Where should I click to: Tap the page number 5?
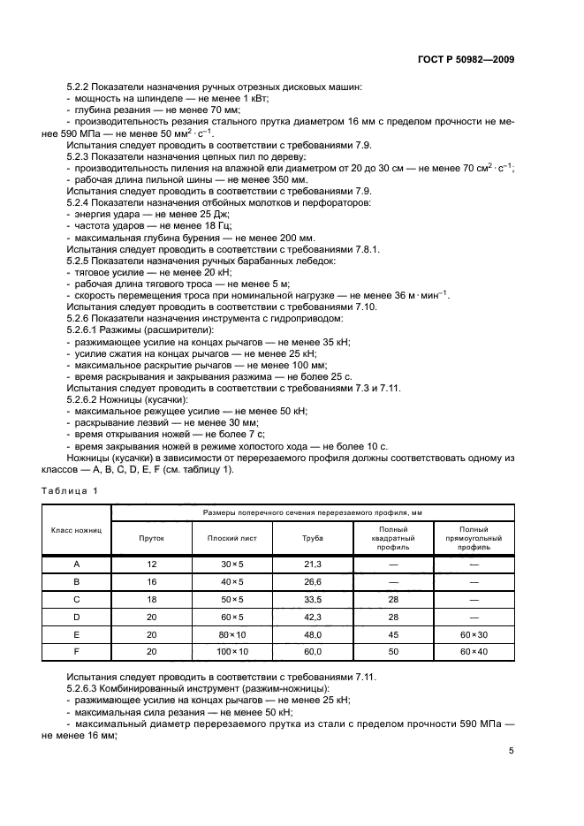[x=512, y=751]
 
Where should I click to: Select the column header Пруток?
[x=152, y=537]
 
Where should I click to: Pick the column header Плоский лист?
[x=232, y=537]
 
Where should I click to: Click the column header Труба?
[x=311, y=537]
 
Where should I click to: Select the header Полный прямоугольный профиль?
[x=474, y=537]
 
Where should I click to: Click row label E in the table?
[x=77, y=633]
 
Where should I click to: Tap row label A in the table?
[x=77, y=564]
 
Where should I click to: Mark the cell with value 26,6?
[x=311, y=581]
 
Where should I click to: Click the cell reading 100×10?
[x=232, y=651]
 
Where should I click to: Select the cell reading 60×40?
[x=474, y=651]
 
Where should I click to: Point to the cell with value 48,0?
[x=311, y=633]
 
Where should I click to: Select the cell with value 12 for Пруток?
[x=152, y=564]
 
